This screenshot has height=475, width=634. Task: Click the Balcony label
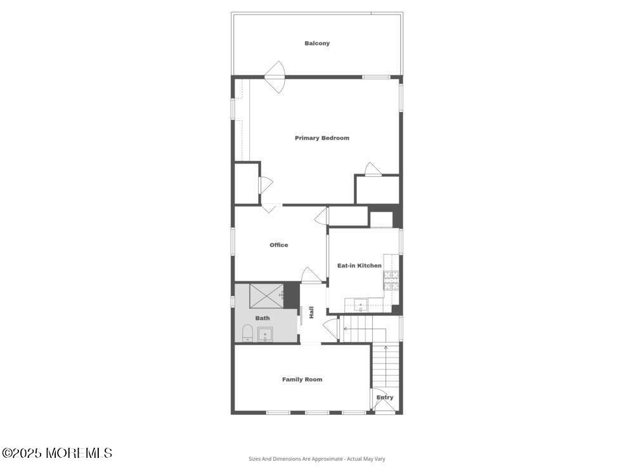[317, 43]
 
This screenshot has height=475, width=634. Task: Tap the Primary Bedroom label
[322, 138]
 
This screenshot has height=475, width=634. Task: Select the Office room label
[278, 245]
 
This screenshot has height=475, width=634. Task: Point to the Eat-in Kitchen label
[359, 265]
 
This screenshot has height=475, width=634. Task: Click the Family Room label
[302, 379]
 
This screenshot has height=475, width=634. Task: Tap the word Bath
[262, 318]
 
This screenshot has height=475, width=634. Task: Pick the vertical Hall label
[311, 312]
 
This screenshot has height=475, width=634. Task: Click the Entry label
[385, 398]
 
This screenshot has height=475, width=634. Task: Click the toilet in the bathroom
[247, 333]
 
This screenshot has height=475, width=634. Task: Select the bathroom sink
[265, 334]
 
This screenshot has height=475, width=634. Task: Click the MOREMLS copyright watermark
[57, 453]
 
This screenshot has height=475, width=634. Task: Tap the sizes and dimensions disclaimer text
[316, 459]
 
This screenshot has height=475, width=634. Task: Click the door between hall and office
[311, 275]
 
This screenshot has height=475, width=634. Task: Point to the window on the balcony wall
[376, 77]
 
